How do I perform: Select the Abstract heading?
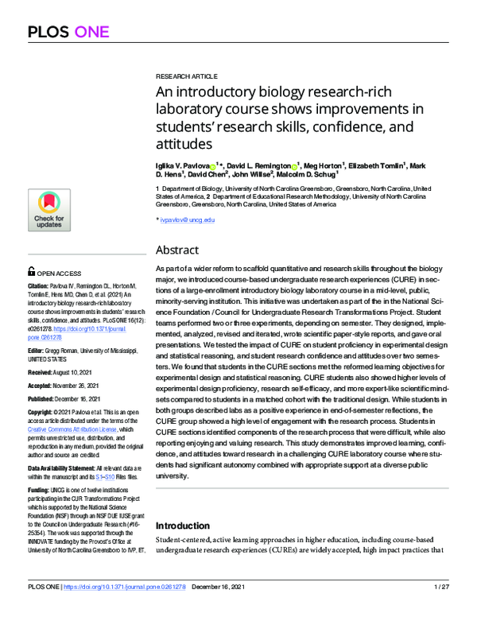click(177, 249)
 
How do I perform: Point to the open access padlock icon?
click(31, 271)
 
